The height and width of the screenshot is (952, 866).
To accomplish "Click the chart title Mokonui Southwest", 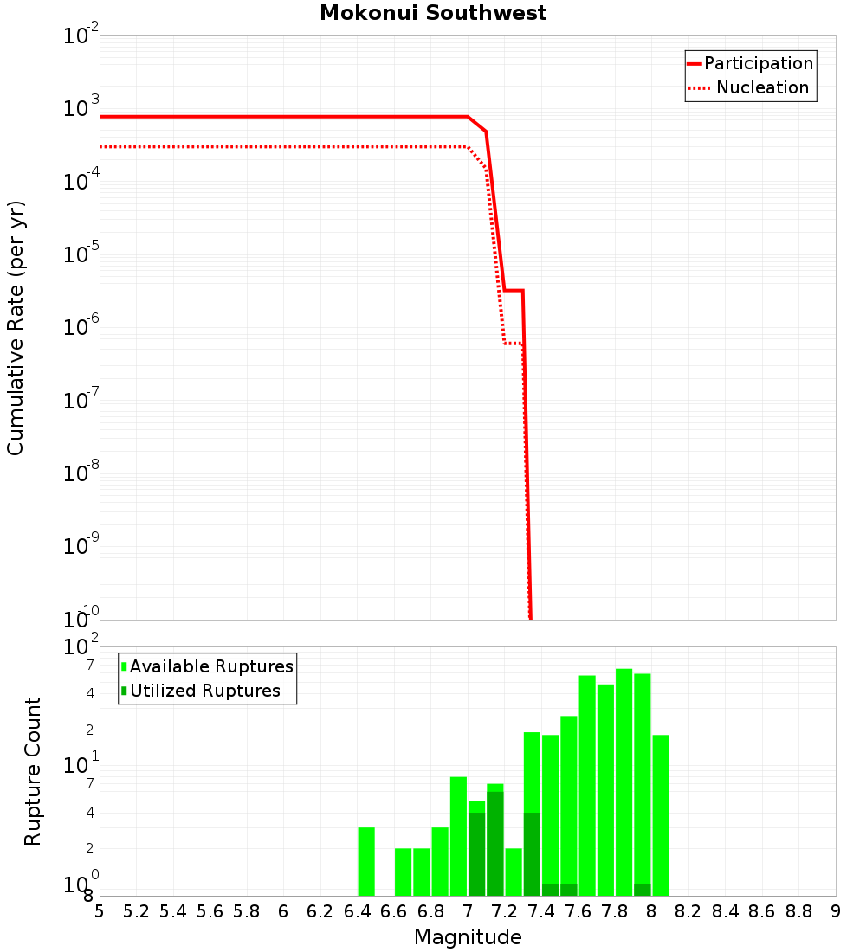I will (x=433, y=13).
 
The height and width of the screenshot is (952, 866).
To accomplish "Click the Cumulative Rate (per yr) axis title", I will (x=16, y=327).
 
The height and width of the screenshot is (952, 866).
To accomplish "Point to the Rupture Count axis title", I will (x=33, y=771).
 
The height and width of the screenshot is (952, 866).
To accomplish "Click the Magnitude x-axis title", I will (x=468, y=937).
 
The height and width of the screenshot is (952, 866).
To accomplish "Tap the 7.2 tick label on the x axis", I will (x=504, y=911).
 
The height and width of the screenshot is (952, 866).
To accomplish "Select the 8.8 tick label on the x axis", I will (x=798, y=911).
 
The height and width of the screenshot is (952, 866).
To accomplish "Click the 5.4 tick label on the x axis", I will (x=173, y=911).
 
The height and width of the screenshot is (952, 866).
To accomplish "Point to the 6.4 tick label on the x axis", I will (x=357, y=911).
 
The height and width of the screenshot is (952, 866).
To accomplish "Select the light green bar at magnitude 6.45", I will (x=366, y=861).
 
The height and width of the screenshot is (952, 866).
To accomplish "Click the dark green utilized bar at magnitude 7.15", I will (x=495, y=844).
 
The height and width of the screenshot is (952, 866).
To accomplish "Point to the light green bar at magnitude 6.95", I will (x=458, y=836).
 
